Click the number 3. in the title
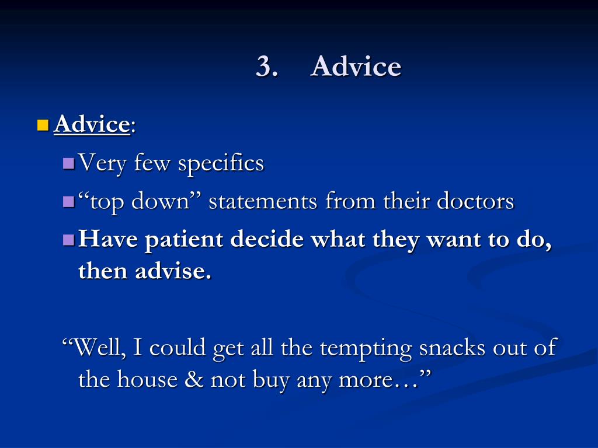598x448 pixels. [x=266, y=67]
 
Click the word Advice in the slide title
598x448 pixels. [x=356, y=67]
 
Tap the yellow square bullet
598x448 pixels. [x=42, y=124]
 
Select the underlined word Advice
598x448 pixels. [x=92, y=124]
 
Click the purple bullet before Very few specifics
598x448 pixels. [x=68, y=162]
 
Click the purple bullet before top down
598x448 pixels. [x=68, y=201]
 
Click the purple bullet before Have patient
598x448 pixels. [x=68, y=239]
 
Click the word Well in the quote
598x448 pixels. [x=99, y=348]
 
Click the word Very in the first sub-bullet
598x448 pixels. [x=102, y=163]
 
